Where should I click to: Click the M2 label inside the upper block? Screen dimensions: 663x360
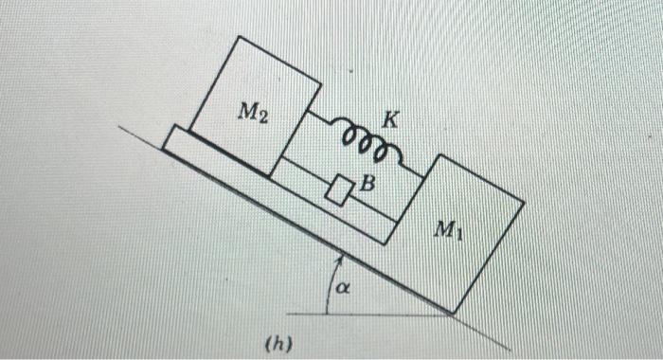(x=252, y=114)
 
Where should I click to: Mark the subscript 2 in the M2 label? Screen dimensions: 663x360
(x=263, y=117)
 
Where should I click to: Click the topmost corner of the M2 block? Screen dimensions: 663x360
(x=239, y=38)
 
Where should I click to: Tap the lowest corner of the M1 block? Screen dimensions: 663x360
(x=452, y=311)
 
